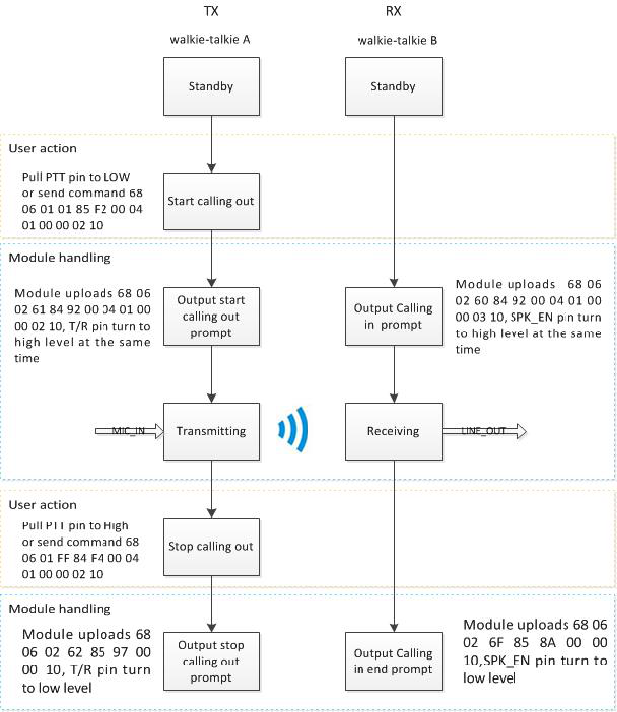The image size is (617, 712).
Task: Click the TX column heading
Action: coord(211,11)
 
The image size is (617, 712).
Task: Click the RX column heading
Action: coord(393,11)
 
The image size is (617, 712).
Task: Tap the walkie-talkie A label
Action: coord(209,39)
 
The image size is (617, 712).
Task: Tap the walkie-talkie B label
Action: coord(397,40)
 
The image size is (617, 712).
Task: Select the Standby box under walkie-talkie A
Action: coord(211,87)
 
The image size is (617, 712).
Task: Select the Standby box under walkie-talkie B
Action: coord(394,87)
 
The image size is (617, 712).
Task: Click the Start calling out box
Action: coord(211,201)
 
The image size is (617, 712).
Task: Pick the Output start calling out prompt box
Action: coord(211,316)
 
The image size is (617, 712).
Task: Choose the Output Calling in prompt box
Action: coord(394,316)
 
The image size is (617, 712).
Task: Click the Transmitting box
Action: coord(211,431)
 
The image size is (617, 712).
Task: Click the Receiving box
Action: coord(394,431)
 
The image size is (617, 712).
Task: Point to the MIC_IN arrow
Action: coord(129,431)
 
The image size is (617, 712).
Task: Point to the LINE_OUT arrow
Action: coord(484,431)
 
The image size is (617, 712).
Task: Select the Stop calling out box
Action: coord(211,546)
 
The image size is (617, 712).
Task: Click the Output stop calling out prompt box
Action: coord(211,661)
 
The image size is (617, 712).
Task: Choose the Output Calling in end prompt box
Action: coord(394,661)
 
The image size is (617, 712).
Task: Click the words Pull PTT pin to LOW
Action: coord(76,177)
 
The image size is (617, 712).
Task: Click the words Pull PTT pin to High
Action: coord(75,525)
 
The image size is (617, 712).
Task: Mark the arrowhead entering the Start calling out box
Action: coord(211,168)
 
